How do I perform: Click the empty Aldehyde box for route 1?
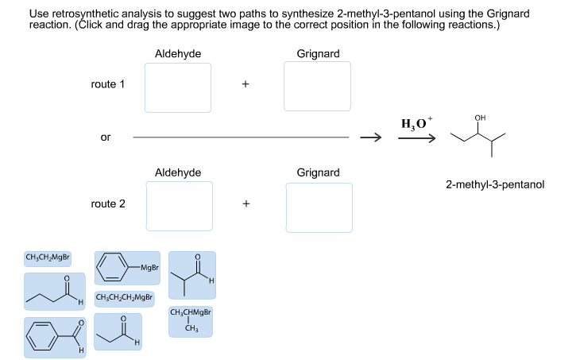click(178, 87)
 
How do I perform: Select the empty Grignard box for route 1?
click(318, 87)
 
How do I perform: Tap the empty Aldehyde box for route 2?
click(179, 206)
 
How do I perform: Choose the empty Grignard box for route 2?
click(319, 207)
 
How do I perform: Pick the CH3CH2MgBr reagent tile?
click(48, 257)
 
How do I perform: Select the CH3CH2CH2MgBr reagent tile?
click(124, 298)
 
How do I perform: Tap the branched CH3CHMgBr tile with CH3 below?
click(190, 319)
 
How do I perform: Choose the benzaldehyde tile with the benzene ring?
click(55, 337)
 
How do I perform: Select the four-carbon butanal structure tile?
click(54, 291)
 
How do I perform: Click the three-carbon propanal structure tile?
click(118, 331)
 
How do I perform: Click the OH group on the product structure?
click(479, 118)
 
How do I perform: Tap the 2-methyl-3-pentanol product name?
click(494, 184)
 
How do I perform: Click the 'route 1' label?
click(108, 84)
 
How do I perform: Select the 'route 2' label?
click(108, 204)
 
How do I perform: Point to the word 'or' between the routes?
click(106, 137)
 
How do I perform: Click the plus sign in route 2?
click(246, 204)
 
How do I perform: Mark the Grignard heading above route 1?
click(318, 53)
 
